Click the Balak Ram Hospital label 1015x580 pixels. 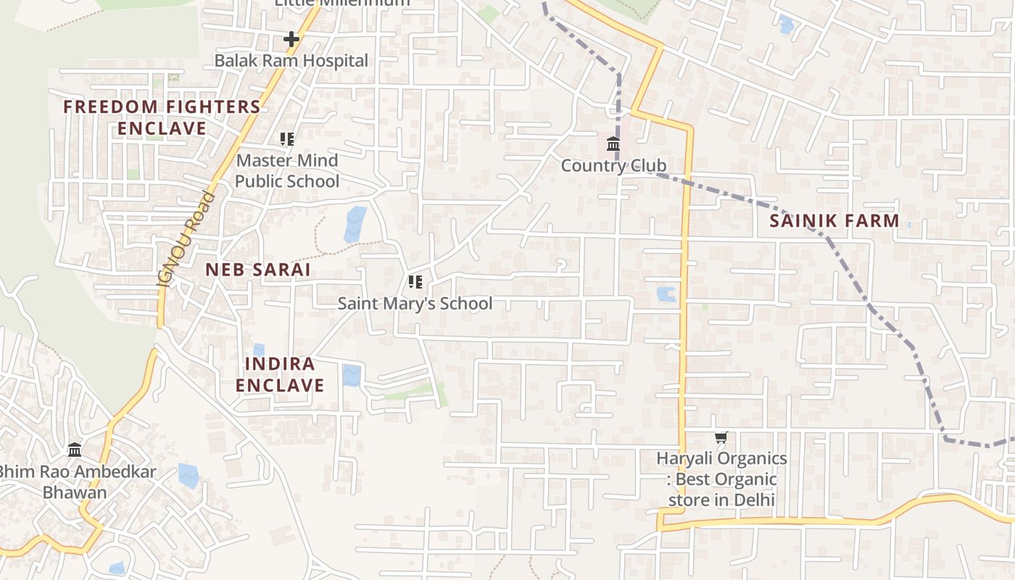pyautogui.click(x=291, y=61)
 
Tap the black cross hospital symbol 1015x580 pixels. pyautogui.click(x=291, y=39)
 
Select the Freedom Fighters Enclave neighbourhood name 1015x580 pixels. pyautogui.click(x=162, y=117)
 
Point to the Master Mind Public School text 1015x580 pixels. pyautogui.click(x=287, y=170)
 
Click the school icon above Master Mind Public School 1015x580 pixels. pyautogui.click(x=287, y=138)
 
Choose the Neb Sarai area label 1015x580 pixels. pyautogui.click(x=257, y=270)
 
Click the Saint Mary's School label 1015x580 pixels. pyautogui.click(x=415, y=304)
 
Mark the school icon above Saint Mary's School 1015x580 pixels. pyautogui.click(x=415, y=281)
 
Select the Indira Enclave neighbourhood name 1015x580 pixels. pyautogui.click(x=280, y=374)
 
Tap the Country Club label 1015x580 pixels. pyautogui.click(x=613, y=166)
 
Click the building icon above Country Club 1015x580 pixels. pyautogui.click(x=613, y=144)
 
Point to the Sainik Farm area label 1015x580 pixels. pyautogui.click(x=834, y=221)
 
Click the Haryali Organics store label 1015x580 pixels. pyautogui.click(x=721, y=479)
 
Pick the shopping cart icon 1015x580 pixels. pyautogui.click(x=721, y=437)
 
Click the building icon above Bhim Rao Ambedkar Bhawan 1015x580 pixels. pyautogui.click(x=75, y=450)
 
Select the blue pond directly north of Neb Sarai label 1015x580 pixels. pyautogui.click(x=355, y=224)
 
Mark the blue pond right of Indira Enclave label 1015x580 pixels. pyautogui.click(x=352, y=375)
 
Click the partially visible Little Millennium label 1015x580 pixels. pyautogui.click(x=341, y=3)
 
